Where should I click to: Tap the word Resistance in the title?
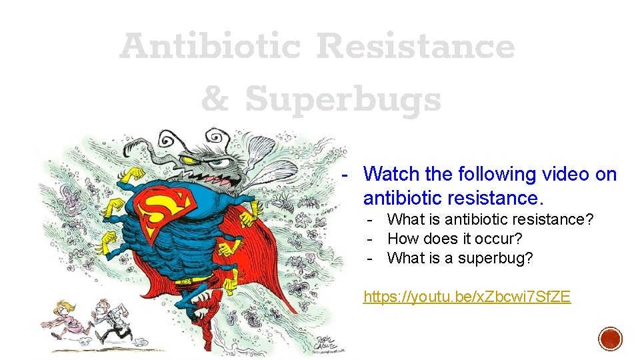coord(415,47)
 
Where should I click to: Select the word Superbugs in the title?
coord(343,100)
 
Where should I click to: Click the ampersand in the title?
coord(215,100)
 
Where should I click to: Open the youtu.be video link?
coord(467,297)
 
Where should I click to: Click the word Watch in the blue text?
coord(392,175)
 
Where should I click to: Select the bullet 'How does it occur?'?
coord(455,239)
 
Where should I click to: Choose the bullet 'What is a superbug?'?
coord(460,258)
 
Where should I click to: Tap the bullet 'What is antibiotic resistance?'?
coord(490,219)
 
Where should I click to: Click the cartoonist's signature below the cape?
coord(327,340)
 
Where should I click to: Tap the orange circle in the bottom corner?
coord(610,339)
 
